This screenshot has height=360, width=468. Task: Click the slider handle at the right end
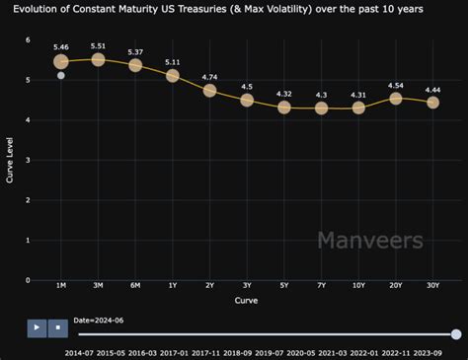click(456, 334)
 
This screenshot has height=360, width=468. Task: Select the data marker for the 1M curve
click(61, 61)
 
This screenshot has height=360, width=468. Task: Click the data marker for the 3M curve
click(98, 59)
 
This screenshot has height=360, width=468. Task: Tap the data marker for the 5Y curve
click(284, 107)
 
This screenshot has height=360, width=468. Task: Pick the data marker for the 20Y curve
click(396, 99)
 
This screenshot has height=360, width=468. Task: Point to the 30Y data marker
click(432, 103)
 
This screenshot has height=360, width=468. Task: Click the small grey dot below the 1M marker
click(61, 75)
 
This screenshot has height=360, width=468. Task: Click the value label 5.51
click(98, 45)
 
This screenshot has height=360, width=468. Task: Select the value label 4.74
click(209, 76)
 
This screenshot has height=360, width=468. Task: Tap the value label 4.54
click(396, 85)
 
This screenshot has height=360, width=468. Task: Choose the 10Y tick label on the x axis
click(358, 286)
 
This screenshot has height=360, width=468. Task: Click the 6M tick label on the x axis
click(135, 286)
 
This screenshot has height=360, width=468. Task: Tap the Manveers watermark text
click(370, 240)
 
